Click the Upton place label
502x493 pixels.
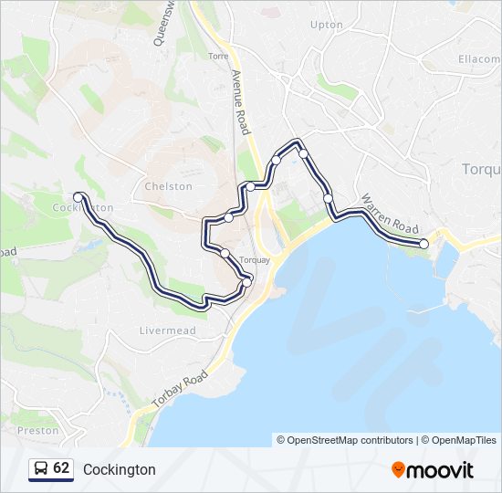[326, 25]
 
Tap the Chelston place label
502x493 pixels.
[168, 186]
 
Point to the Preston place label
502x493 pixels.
[37, 430]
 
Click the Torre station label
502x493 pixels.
[218, 57]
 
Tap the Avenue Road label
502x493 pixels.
[241, 102]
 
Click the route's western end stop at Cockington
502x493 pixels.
[78, 196]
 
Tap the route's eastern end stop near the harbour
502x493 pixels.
[424, 244]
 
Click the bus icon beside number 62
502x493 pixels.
[41, 468]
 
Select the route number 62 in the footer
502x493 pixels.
[61, 468]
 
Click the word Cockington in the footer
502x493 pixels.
[120, 469]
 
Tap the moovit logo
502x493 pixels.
[433, 470]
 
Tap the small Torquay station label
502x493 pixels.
[255, 260]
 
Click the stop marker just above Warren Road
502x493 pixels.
[328, 198]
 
